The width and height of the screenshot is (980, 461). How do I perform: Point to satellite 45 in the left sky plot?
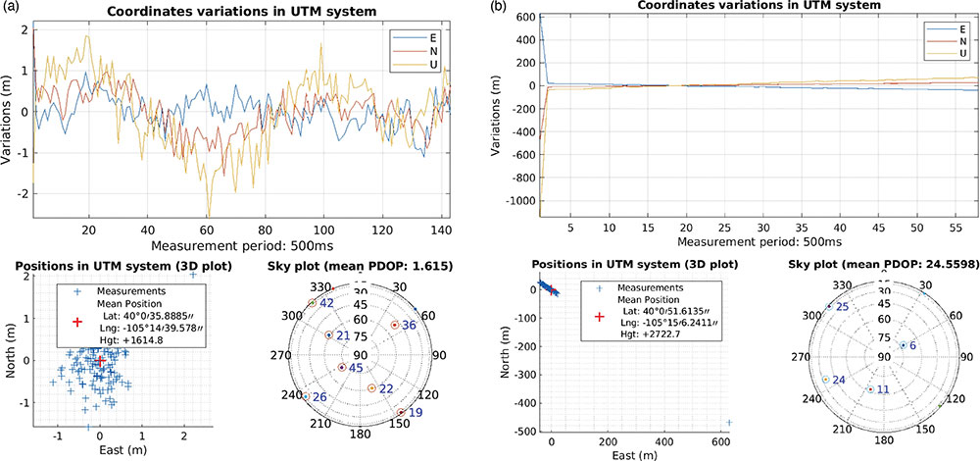click(x=342, y=368)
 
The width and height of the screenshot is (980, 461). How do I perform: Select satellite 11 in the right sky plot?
click(x=869, y=389)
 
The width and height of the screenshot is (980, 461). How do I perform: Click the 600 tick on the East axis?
click(x=723, y=442)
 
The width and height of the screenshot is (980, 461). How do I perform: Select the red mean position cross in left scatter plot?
click(x=98, y=360)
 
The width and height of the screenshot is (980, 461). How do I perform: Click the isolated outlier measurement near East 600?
click(x=728, y=423)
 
